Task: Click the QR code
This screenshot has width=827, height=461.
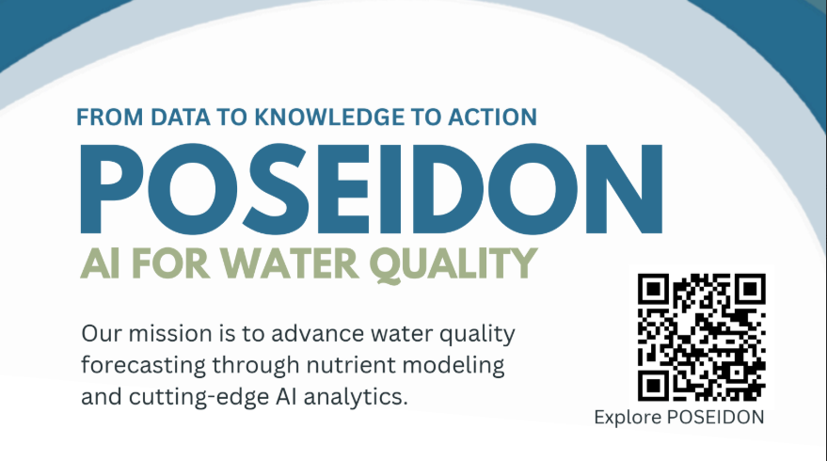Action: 701,336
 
